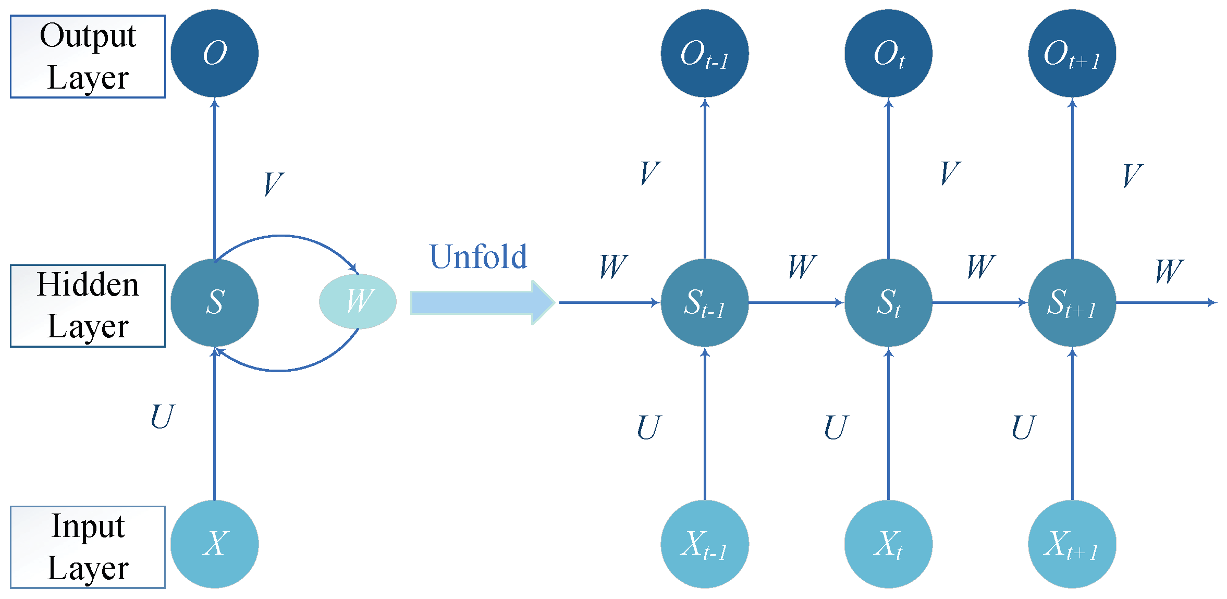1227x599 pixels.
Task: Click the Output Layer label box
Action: [x=88, y=56]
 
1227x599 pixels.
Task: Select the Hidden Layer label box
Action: [x=88, y=305]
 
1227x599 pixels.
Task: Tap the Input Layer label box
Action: [x=88, y=547]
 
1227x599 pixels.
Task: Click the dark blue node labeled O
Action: [x=214, y=53]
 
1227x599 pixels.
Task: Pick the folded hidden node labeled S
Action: [x=214, y=302]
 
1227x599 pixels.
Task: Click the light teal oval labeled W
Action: [x=358, y=301]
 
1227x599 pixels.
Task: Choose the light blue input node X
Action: [x=214, y=544]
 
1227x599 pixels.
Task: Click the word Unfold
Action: [x=478, y=256]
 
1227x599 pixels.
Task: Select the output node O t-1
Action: [x=705, y=53]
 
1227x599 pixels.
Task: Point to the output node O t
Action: [x=888, y=53]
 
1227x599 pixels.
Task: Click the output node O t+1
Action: [x=1072, y=53]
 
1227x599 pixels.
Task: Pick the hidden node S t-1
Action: [x=705, y=302]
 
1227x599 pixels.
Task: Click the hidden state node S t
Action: [x=888, y=302]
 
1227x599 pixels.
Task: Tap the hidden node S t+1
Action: [x=1072, y=302]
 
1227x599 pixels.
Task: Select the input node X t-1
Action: [x=705, y=544]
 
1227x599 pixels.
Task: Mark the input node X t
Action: [x=888, y=544]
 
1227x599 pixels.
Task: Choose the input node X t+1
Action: [x=1072, y=544]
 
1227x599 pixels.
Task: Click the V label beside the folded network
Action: [x=273, y=184]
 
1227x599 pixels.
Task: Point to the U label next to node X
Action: [x=162, y=417]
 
